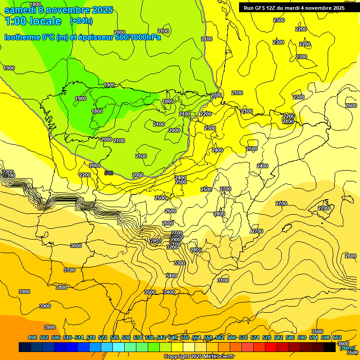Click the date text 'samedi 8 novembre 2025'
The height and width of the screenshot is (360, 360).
(59, 10)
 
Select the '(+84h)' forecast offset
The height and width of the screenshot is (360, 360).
(81, 21)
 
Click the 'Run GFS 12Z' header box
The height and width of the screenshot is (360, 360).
(294, 8)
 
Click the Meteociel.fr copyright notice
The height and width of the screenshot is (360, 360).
(199, 357)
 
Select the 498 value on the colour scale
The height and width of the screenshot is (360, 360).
(32, 337)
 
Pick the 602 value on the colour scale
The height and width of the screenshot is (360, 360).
(337, 337)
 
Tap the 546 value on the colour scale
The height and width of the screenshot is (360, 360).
(173, 337)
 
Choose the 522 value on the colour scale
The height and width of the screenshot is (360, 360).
(103, 337)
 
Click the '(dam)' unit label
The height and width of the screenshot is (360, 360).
(347, 348)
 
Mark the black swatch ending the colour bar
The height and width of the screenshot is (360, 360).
(330, 347)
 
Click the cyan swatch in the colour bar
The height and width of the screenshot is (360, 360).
(119, 347)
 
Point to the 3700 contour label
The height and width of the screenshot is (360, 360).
(69, 270)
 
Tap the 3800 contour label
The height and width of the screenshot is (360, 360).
(61, 287)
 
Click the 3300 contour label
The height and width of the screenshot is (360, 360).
(179, 263)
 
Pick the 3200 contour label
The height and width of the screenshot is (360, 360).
(172, 247)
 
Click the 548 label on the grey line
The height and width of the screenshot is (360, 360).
(109, 173)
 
